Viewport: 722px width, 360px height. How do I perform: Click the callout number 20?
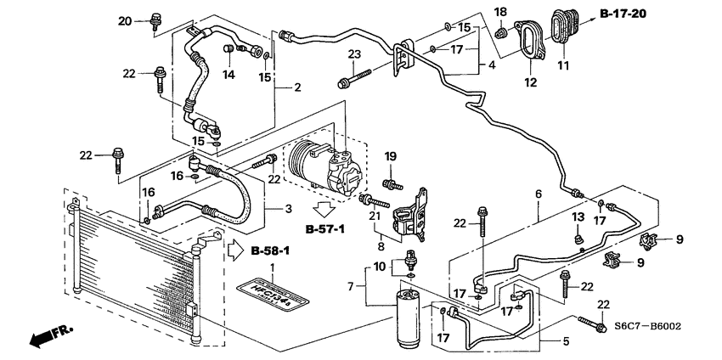(x=126, y=20)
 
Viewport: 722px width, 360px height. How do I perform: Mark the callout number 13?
(x=578, y=217)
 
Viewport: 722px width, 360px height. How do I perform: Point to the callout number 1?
(x=272, y=268)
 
